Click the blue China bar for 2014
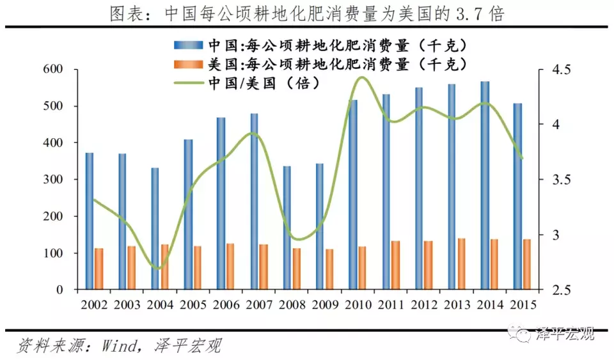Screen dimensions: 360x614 click(x=485, y=185)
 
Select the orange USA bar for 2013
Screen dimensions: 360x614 click(x=461, y=264)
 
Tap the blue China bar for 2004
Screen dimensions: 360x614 click(x=155, y=229)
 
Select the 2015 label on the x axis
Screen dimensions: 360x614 click(x=521, y=304)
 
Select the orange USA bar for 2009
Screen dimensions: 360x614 click(x=329, y=269)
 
